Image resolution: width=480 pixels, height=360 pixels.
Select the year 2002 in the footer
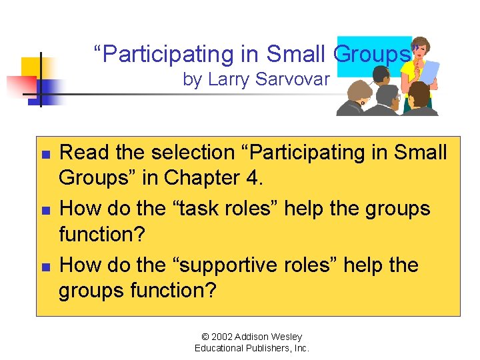(x=219, y=337)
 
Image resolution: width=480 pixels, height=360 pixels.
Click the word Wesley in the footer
(x=287, y=337)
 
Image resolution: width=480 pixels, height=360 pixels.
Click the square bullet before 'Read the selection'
(x=44, y=153)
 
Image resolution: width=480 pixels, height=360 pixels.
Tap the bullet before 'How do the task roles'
(x=44, y=209)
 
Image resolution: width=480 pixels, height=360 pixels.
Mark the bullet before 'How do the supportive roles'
(x=44, y=266)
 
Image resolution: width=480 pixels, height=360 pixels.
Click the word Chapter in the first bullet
(x=203, y=178)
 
